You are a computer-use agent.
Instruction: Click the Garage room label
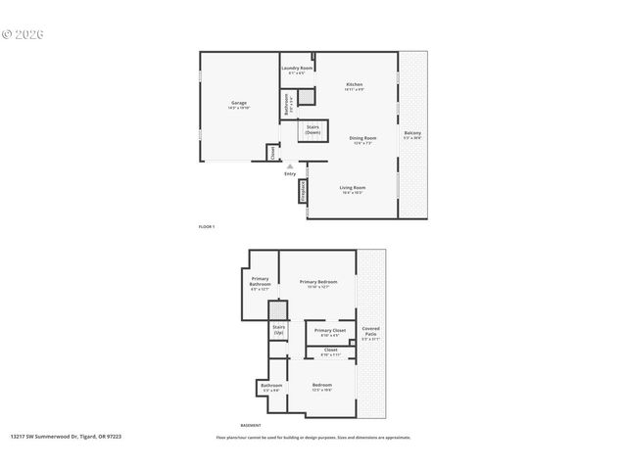point(239,104)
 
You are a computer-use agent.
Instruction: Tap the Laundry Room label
point(296,70)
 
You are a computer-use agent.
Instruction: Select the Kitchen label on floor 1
point(354,87)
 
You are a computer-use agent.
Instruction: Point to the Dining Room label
point(362,139)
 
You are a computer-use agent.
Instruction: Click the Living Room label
point(353,189)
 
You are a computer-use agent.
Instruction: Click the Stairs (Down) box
point(313,128)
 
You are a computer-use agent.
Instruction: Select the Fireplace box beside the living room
point(304,193)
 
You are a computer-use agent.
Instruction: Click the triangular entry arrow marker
point(290,166)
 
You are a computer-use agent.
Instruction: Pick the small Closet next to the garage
point(272,153)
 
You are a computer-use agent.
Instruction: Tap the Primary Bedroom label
point(317,284)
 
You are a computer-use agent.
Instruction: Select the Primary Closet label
point(329,333)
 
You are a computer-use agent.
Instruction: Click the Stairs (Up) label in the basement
point(278,331)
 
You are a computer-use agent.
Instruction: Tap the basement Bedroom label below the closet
point(321,387)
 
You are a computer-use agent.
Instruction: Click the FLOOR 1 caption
point(206,226)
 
